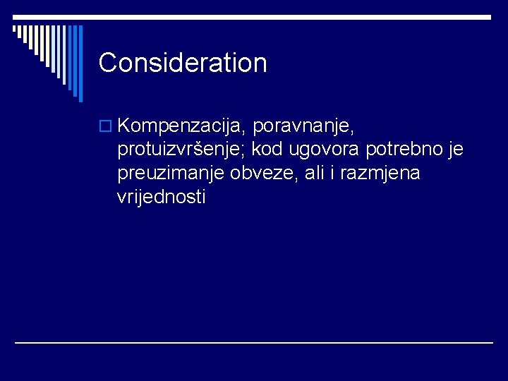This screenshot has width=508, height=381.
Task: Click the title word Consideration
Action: point(183,63)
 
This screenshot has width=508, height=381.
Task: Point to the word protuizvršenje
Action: point(187,150)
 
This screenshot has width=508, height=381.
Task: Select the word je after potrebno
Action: point(456,150)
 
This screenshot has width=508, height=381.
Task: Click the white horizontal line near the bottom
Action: point(254,343)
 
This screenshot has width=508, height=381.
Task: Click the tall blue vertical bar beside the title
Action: point(80,64)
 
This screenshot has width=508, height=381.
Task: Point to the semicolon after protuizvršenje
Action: point(259,152)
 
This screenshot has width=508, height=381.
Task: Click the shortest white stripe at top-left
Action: point(15,30)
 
